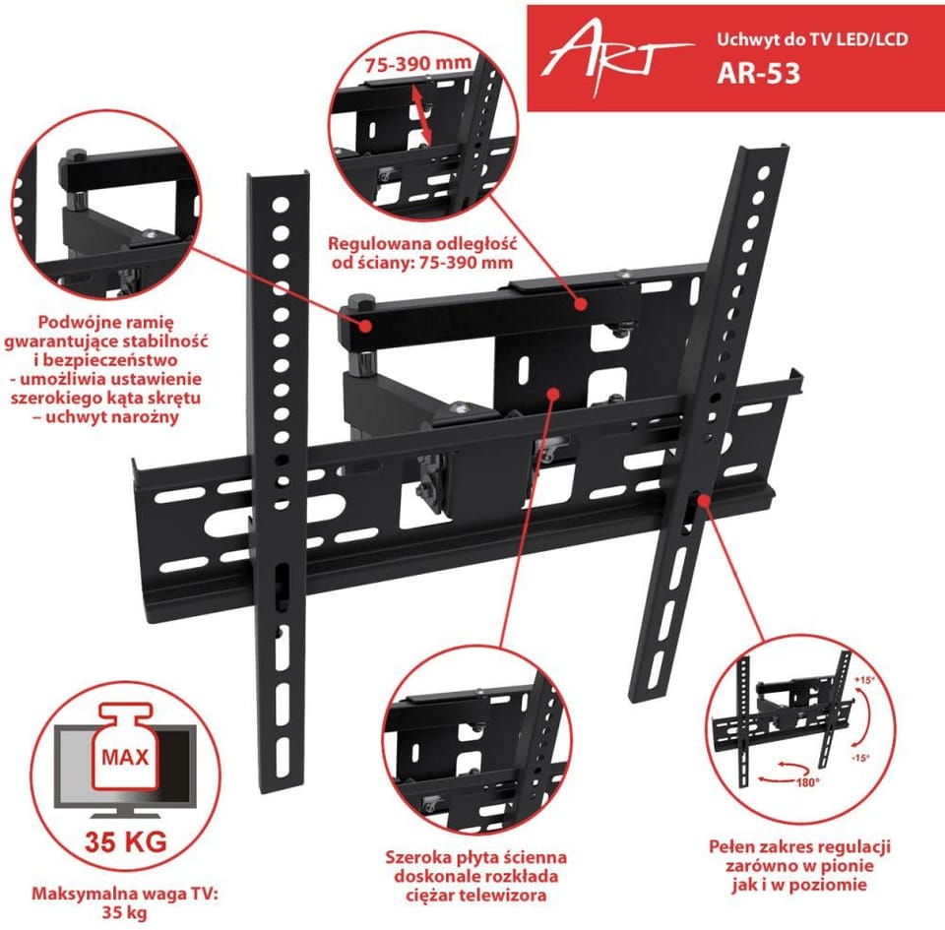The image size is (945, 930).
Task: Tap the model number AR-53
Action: point(758,73)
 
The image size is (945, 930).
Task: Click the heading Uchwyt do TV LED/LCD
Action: point(812,39)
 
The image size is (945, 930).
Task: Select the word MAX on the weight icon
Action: point(125,757)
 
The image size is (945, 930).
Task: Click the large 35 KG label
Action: point(125,841)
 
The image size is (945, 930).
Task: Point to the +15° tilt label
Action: point(863,680)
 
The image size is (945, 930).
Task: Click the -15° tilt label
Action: point(861,758)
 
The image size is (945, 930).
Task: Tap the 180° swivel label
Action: point(807,781)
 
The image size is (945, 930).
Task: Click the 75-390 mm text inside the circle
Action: point(417,63)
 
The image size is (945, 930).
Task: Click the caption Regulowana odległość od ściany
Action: point(422,253)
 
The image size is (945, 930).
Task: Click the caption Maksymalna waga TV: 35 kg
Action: point(125,902)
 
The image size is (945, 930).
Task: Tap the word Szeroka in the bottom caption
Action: point(414,856)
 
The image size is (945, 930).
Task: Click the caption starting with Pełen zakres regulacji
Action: point(799,866)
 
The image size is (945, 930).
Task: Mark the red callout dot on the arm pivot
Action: point(364,326)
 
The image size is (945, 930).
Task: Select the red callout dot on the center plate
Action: point(552,394)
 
